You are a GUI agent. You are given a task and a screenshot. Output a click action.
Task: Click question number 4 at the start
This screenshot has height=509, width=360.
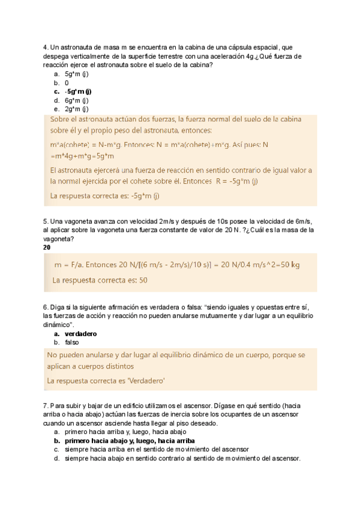pyautogui.click(x=46, y=47)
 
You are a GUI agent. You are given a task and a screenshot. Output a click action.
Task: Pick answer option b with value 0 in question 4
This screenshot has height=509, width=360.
pyautogui.click(x=67, y=82)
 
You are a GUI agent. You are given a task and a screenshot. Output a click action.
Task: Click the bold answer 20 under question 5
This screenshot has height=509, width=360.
pyautogui.click(x=47, y=247)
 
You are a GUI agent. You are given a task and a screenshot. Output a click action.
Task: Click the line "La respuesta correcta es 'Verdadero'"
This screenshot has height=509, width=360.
pyautogui.click(x=106, y=381)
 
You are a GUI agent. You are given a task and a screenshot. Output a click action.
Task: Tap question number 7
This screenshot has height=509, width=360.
pyautogui.click(x=46, y=406)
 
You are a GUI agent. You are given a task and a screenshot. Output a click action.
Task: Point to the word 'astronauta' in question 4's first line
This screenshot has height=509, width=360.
pyautogui.click(x=75, y=47)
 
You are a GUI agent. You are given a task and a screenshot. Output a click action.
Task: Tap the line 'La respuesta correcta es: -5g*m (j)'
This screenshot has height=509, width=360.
pyautogui.click(x=106, y=196)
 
